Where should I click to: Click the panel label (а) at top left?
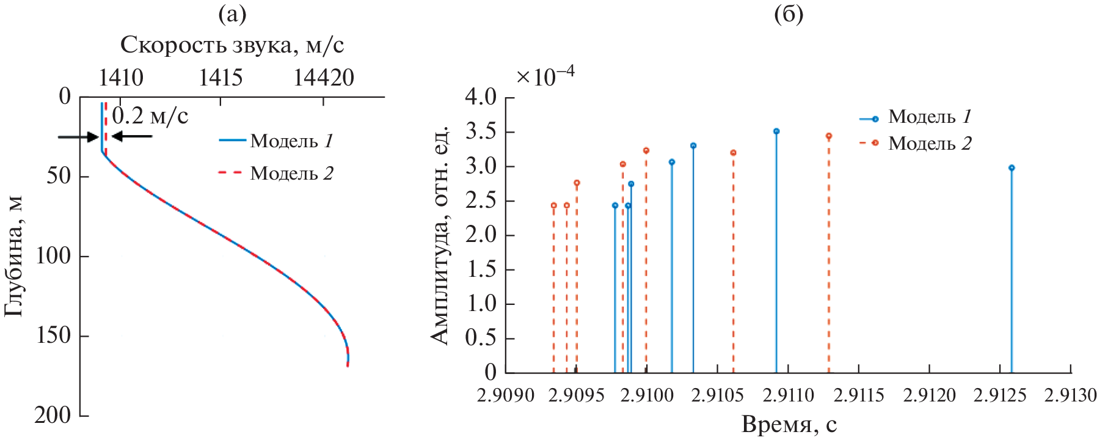coord(232,14)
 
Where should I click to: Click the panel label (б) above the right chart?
coord(789,14)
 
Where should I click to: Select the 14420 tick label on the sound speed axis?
coord(324,78)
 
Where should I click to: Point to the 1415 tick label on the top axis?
coord(220,78)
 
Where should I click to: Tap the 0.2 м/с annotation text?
coord(150,116)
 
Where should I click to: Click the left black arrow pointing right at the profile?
coord(78,137)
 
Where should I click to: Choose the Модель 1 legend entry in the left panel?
coord(277,141)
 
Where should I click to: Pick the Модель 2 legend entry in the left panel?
coord(277,174)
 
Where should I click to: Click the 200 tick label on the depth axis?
coord(53,416)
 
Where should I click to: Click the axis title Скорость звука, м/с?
coord(232,45)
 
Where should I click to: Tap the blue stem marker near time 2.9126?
coord(1011,167)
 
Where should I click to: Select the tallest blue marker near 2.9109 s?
coord(776,131)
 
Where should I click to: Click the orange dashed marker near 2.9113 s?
coord(829,136)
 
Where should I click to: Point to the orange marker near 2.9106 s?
coord(733,153)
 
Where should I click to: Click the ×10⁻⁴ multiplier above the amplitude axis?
coord(545,76)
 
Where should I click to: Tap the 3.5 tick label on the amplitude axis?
coord(481,132)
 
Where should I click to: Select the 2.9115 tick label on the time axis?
coord(859,395)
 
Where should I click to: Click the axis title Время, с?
coord(789,425)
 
